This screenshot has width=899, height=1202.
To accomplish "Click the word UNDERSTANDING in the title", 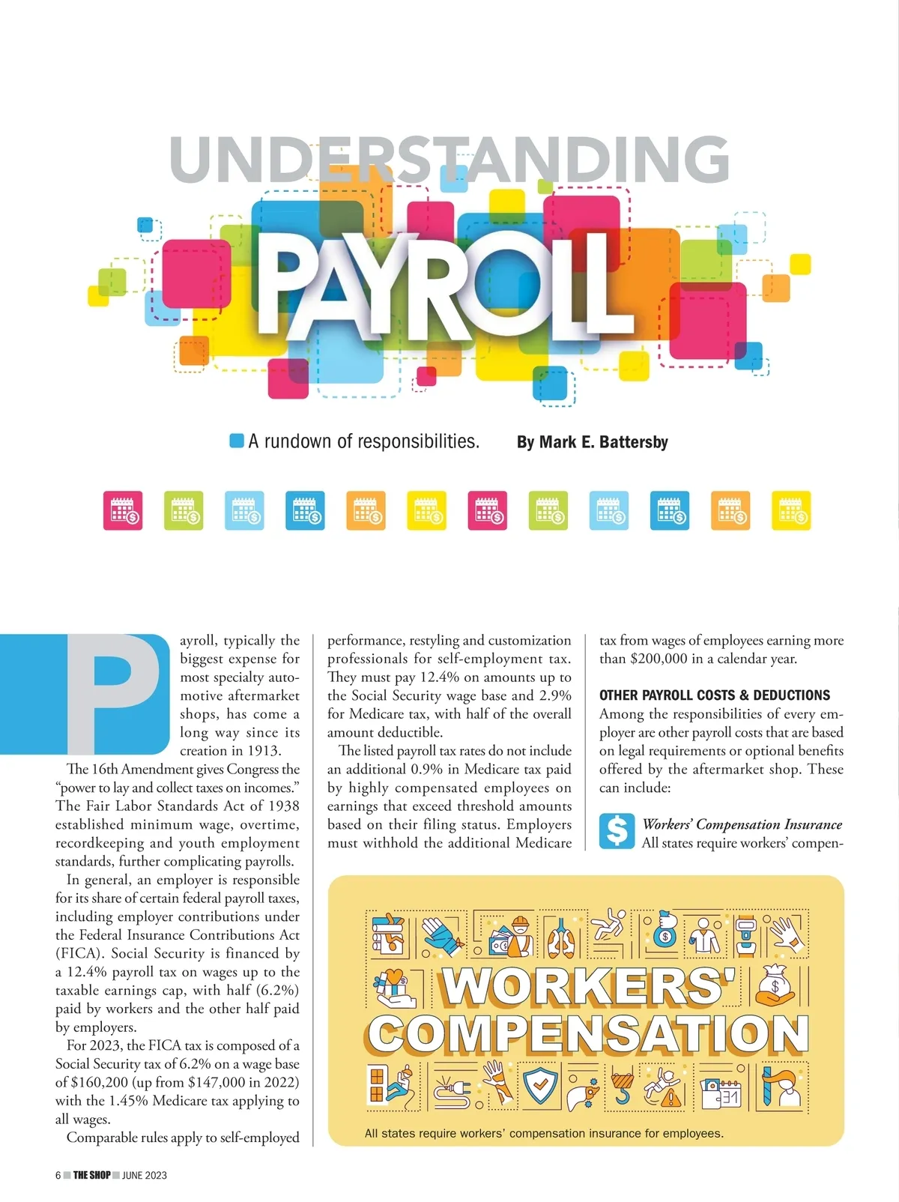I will (x=449, y=159).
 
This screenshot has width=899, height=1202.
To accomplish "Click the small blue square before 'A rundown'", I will (x=237, y=441).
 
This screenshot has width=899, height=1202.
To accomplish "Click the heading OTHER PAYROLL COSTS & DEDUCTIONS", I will (x=714, y=695).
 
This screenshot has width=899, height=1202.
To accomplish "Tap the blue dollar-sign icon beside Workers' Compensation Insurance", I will (x=617, y=831).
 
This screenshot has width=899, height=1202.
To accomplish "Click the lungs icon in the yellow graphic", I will (x=560, y=936).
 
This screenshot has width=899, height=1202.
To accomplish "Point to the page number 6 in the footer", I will (x=58, y=1175).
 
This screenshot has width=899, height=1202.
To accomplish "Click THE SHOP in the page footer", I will (x=91, y=1175).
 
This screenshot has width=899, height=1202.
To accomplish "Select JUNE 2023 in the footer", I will (x=145, y=1175).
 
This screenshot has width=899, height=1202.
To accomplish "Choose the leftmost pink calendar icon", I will (x=123, y=511).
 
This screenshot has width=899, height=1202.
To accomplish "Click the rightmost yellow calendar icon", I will (x=791, y=511).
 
